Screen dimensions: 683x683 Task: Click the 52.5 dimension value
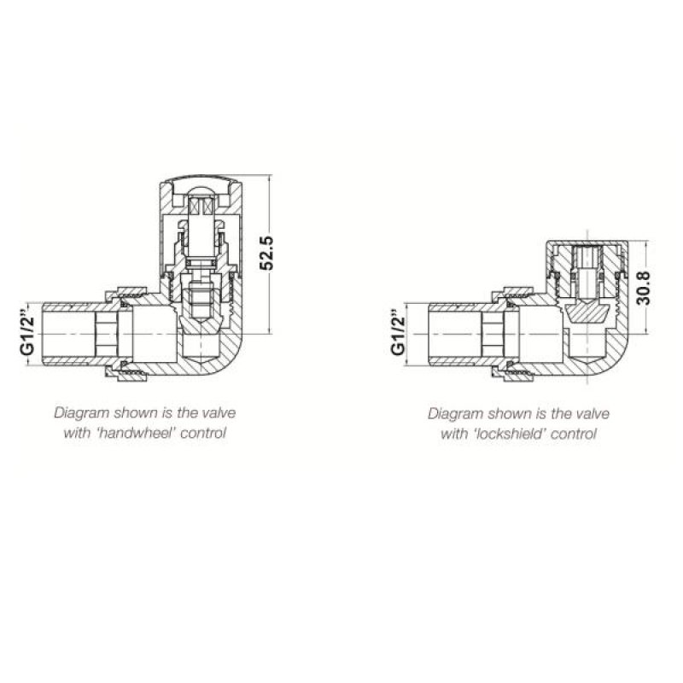point(266,254)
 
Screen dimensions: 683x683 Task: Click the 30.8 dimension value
point(644,288)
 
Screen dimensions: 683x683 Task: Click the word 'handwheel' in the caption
point(133,433)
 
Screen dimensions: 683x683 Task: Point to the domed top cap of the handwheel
point(201,178)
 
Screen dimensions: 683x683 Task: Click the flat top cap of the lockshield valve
point(587,242)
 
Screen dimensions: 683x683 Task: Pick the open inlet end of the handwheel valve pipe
point(44,334)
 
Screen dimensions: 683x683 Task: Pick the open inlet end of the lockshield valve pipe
point(430,334)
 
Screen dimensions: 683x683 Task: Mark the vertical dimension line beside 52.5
point(271,254)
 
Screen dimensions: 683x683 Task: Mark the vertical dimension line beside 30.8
point(647,288)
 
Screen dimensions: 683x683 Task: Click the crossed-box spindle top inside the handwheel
point(201,206)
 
